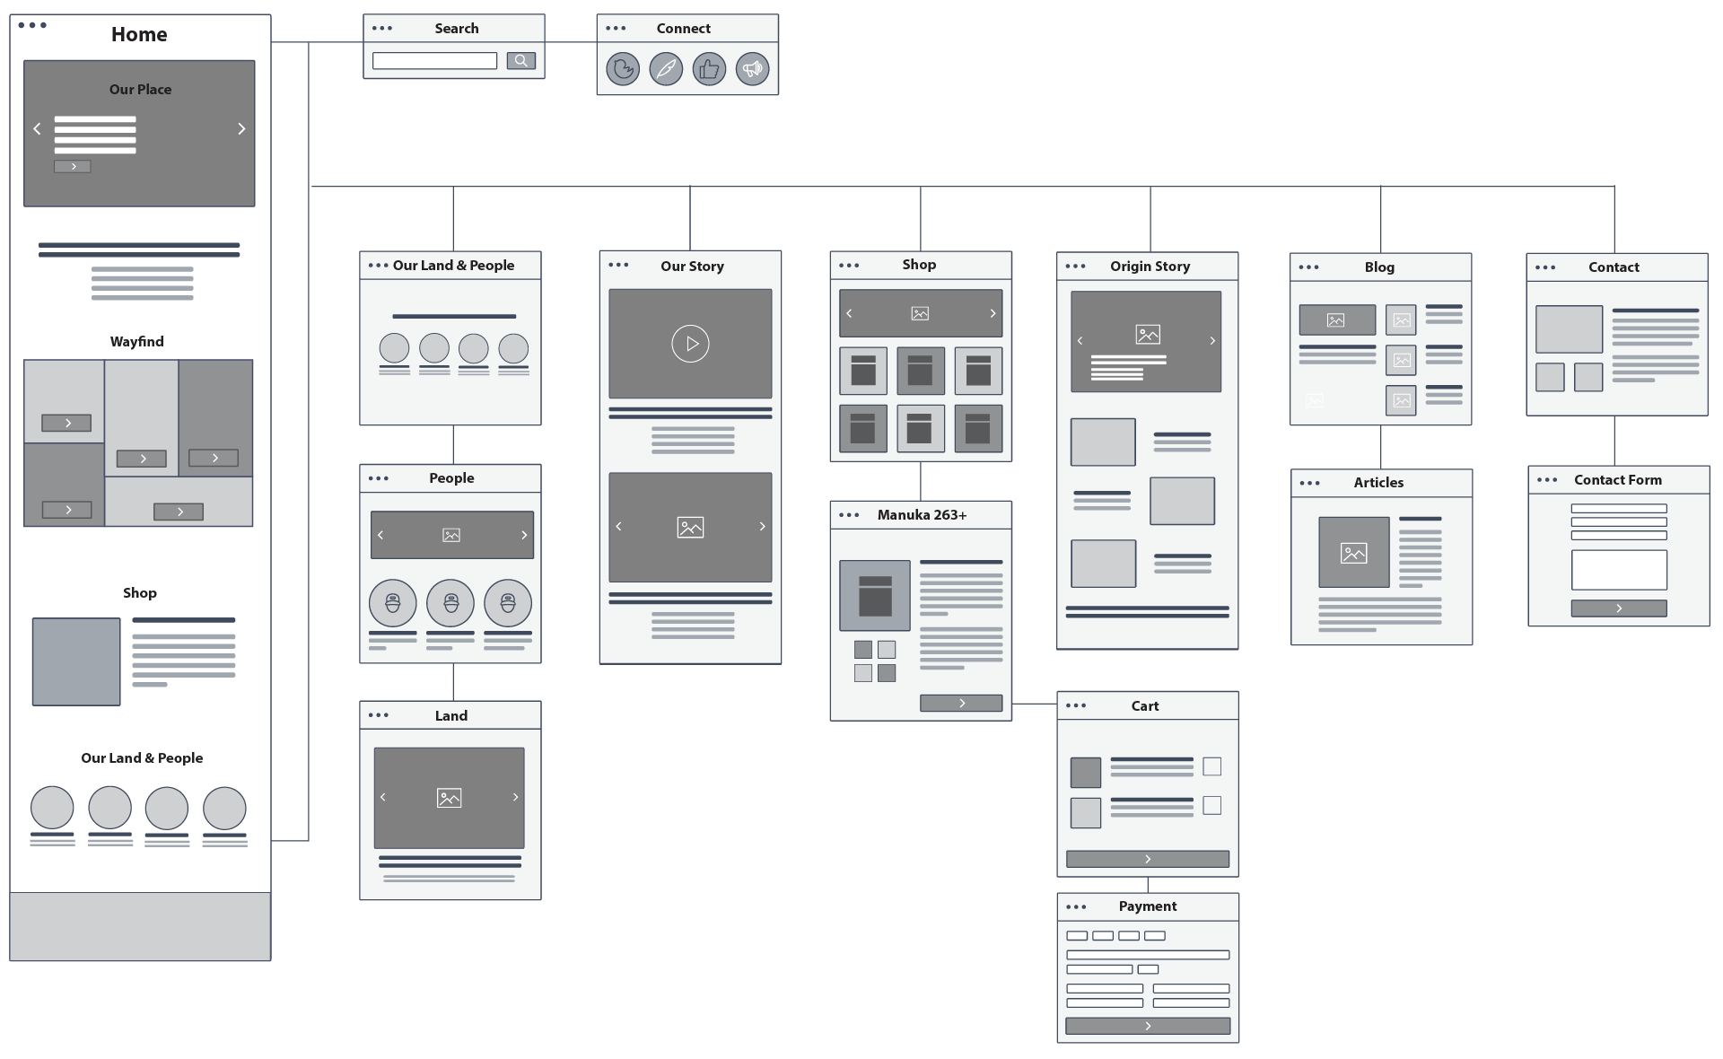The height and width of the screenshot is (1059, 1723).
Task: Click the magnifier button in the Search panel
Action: tap(520, 61)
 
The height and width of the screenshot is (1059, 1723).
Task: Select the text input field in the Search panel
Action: tap(434, 61)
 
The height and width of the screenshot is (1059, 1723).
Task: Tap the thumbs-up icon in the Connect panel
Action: tap(709, 69)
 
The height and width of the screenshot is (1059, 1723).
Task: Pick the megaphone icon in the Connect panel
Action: tap(752, 69)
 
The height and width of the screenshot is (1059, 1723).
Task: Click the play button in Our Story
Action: tap(690, 344)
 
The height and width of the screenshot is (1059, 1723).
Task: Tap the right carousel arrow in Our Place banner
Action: tap(241, 128)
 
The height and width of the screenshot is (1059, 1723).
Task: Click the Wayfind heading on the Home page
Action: tap(137, 342)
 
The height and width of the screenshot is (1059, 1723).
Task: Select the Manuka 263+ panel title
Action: tap(922, 515)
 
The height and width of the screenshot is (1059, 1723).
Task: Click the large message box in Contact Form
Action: tap(1619, 569)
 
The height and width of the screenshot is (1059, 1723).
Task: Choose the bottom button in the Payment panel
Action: tap(1148, 1026)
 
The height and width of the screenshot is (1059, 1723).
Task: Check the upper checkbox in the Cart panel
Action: tap(1211, 766)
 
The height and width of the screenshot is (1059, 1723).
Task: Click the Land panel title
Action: tap(451, 716)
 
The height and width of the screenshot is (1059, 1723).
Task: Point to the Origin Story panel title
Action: tap(1150, 267)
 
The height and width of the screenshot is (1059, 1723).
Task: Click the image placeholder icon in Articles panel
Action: tap(1353, 553)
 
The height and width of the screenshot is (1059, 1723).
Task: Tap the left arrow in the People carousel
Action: tap(380, 535)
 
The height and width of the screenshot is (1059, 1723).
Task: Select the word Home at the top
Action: tap(139, 35)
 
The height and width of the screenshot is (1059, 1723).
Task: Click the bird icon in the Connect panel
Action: tap(623, 69)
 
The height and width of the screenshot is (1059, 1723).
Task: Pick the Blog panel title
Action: tap(1379, 267)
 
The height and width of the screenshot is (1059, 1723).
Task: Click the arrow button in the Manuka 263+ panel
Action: tap(961, 704)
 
